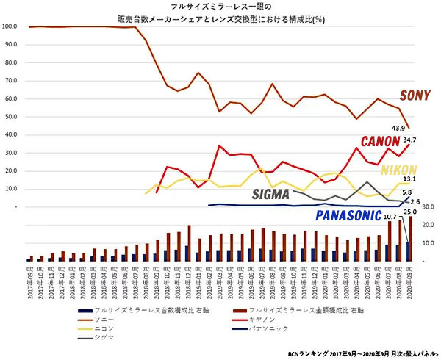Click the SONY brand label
pos(415,96)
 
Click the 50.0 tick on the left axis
pos(10,117)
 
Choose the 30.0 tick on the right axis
pos(431,206)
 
